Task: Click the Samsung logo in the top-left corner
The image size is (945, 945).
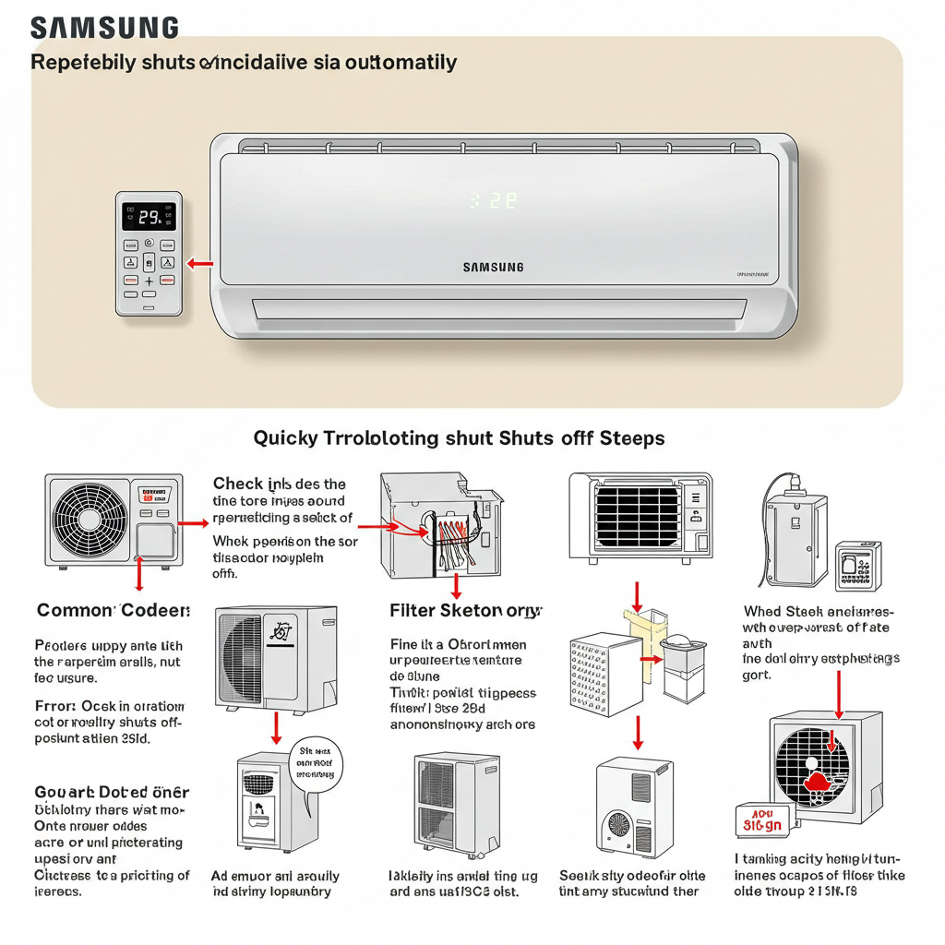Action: pyautogui.click(x=104, y=28)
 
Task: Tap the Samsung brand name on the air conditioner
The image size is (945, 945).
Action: pyautogui.click(x=493, y=268)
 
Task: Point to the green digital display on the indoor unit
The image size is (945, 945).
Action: pyautogui.click(x=493, y=200)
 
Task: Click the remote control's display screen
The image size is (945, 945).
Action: pyautogui.click(x=149, y=217)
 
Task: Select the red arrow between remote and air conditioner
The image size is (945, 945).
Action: pyautogui.click(x=199, y=265)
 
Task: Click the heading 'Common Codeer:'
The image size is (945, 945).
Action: pyautogui.click(x=114, y=611)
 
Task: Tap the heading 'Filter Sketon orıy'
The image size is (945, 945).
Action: pyautogui.click(x=466, y=611)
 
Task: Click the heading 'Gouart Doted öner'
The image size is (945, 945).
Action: pyautogui.click(x=112, y=792)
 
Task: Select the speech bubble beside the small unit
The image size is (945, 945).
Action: pyautogui.click(x=315, y=762)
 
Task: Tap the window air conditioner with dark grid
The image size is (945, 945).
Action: pyautogui.click(x=640, y=517)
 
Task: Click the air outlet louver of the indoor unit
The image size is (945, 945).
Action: pyautogui.click(x=498, y=312)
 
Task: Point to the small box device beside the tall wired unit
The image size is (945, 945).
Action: pyautogui.click(x=858, y=566)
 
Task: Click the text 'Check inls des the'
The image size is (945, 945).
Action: pyautogui.click(x=280, y=484)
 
